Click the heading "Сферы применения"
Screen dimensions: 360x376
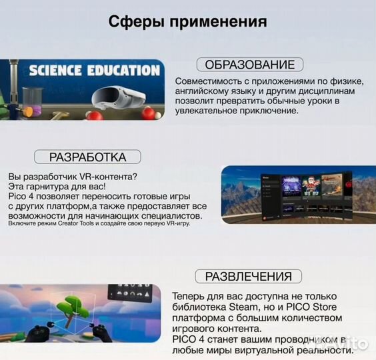pyautogui.click(x=187, y=21)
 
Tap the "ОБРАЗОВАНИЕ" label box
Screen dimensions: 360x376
pyautogui.click(x=249, y=65)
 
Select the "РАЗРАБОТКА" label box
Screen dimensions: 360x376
pyautogui.click(x=87, y=157)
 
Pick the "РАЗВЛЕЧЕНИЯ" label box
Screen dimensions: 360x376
pyautogui.click(x=248, y=277)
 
